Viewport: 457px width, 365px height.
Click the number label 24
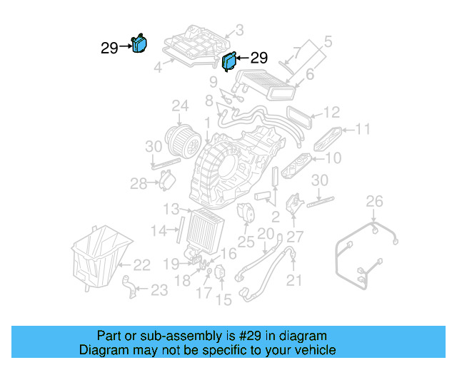(179, 107)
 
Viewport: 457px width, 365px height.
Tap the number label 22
(141, 265)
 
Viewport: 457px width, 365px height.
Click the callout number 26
(375, 202)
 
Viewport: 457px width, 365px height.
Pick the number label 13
(170, 209)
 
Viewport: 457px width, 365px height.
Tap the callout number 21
(295, 281)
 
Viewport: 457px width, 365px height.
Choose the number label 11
(363, 129)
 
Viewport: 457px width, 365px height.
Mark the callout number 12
(331, 113)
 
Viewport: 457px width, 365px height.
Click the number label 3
(239, 30)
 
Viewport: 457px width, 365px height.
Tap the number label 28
(138, 183)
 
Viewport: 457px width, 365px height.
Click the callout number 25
(246, 242)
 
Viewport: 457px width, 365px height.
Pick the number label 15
(224, 300)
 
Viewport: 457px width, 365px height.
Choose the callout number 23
(159, 290)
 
